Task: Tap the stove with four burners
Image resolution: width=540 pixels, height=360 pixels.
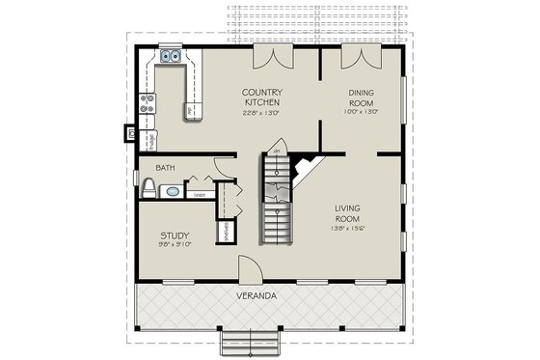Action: pyautogui.click(x=148, y=103)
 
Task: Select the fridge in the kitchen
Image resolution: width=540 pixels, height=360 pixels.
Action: pyautogui.click(x=149, y=138)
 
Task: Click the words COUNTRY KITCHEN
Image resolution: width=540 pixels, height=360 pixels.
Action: pyautogui.click(x=261, y=97)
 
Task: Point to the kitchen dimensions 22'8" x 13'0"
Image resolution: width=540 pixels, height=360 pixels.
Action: pyautogui.click(x=261, y=112)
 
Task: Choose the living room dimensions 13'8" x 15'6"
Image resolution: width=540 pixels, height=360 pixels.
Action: pyautogui.click(x=353, y=229)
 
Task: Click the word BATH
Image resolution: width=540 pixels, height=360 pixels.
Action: pyautogui.click(x=166, y=168)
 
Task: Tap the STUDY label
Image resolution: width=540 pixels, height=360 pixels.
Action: pyautogui.click(x=174, y=235)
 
